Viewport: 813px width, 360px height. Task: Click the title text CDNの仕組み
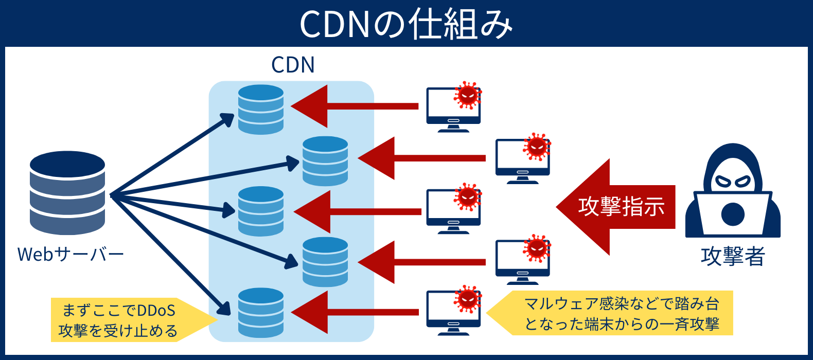pos(406,24)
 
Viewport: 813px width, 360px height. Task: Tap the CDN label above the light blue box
pos(292,65)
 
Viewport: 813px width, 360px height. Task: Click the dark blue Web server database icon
pos(67,192)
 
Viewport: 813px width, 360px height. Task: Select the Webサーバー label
pos(70,254)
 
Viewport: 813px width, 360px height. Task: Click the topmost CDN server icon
pos(261,110)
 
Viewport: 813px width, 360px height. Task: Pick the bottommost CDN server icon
pos(261,313)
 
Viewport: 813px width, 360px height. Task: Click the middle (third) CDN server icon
pos(261,211)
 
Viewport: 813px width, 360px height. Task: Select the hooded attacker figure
pos(733,193)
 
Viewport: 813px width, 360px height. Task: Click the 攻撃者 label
pos(733,256)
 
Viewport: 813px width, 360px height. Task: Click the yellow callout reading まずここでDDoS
pos(123,320)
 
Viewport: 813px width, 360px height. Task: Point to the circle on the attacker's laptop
pos(733,214)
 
